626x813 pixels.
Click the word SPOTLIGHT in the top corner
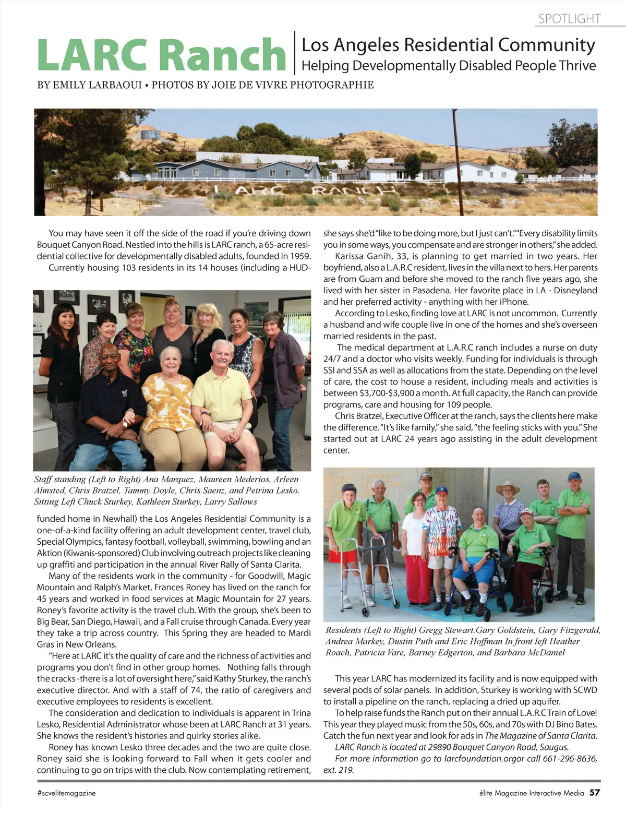click(x=569, y=19)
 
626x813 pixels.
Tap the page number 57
click(x=595, y=792)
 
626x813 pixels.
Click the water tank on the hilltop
click(x=151, y=135)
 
